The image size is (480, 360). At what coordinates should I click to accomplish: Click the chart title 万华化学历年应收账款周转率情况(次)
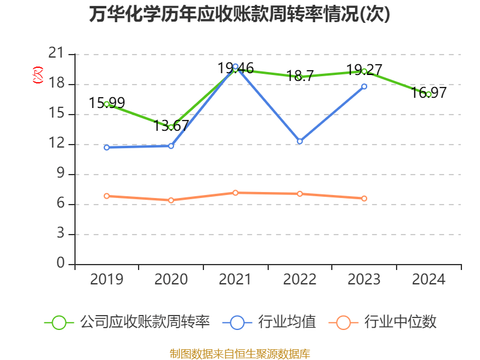[240, 14]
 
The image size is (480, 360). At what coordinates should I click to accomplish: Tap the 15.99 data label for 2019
[107, 103]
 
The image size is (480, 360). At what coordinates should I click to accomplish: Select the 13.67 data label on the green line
[172, 126]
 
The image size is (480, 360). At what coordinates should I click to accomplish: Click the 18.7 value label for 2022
[300, 76]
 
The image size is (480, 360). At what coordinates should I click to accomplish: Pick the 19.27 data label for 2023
[364, 70]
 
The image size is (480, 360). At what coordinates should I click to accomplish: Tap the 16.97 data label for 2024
[428, 92]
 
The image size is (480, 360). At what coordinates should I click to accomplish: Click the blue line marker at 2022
[300, 142]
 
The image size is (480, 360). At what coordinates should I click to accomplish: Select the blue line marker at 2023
[364, 86]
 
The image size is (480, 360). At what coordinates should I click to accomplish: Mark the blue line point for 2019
[107, 148]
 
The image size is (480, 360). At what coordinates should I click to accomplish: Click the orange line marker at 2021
[235, 193]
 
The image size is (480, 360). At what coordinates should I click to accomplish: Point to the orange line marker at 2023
[364, 199]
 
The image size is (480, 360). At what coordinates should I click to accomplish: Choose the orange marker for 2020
[171, 200]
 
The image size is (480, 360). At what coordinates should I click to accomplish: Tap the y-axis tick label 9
[61, 174]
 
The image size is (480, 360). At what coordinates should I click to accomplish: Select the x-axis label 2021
[235, 280]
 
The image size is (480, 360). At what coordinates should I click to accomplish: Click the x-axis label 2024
[428, 280]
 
